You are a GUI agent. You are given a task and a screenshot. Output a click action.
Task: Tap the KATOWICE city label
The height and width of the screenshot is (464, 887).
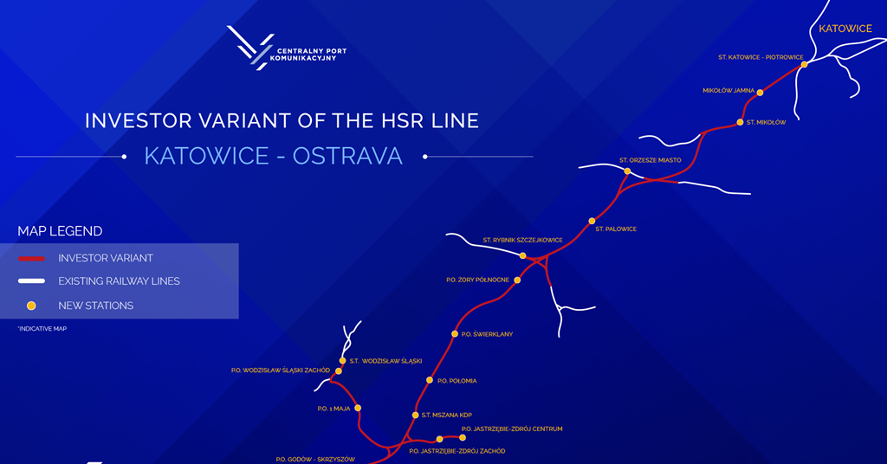click(x=845, y=29)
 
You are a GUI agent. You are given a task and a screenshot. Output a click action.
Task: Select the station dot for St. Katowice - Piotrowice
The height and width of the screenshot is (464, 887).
click(x=804, y=64)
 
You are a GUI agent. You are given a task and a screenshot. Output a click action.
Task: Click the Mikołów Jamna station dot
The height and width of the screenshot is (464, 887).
click(x=760, y=93)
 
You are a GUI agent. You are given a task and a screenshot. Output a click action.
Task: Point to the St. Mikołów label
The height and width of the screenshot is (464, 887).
click(x=767, y=122)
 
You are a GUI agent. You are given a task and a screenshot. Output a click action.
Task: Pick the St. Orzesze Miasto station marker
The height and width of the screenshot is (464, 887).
click(x=627, y=171)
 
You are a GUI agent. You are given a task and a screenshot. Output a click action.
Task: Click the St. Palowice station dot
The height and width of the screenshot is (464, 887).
click(x=592, y=222)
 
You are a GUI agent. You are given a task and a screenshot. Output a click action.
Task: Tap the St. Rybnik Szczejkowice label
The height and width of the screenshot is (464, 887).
click(x=522, y=240)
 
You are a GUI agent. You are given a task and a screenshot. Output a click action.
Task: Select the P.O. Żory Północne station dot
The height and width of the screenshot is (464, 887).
click(x=517, y=280)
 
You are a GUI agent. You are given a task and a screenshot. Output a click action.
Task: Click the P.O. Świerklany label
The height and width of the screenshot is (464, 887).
click(x=489, y=334)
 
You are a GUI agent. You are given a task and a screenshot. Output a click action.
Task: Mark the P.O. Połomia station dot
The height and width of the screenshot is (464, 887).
click(x=430, y=380)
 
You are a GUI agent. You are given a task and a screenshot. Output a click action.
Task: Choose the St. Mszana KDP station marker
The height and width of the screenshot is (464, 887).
click(x=415, y=416)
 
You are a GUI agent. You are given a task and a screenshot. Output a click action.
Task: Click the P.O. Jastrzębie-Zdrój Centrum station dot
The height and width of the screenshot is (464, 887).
click(x=463, y=437)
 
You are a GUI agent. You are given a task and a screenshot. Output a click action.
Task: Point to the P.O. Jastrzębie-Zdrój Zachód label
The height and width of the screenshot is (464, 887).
click(x=456, y=451)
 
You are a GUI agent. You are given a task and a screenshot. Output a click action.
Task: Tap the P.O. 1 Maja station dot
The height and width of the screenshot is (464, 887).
click(x=357, y=408)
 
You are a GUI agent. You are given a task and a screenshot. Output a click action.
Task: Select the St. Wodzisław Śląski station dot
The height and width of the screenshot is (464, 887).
click(x=343, y=360)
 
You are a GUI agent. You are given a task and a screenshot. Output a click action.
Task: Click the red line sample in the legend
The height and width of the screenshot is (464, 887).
click(x=31, y=258)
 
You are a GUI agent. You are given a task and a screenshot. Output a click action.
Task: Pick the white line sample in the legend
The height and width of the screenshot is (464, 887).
click(x=31, y=281)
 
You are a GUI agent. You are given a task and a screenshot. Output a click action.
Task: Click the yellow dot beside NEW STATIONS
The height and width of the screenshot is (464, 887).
click(x=31, y=306)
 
